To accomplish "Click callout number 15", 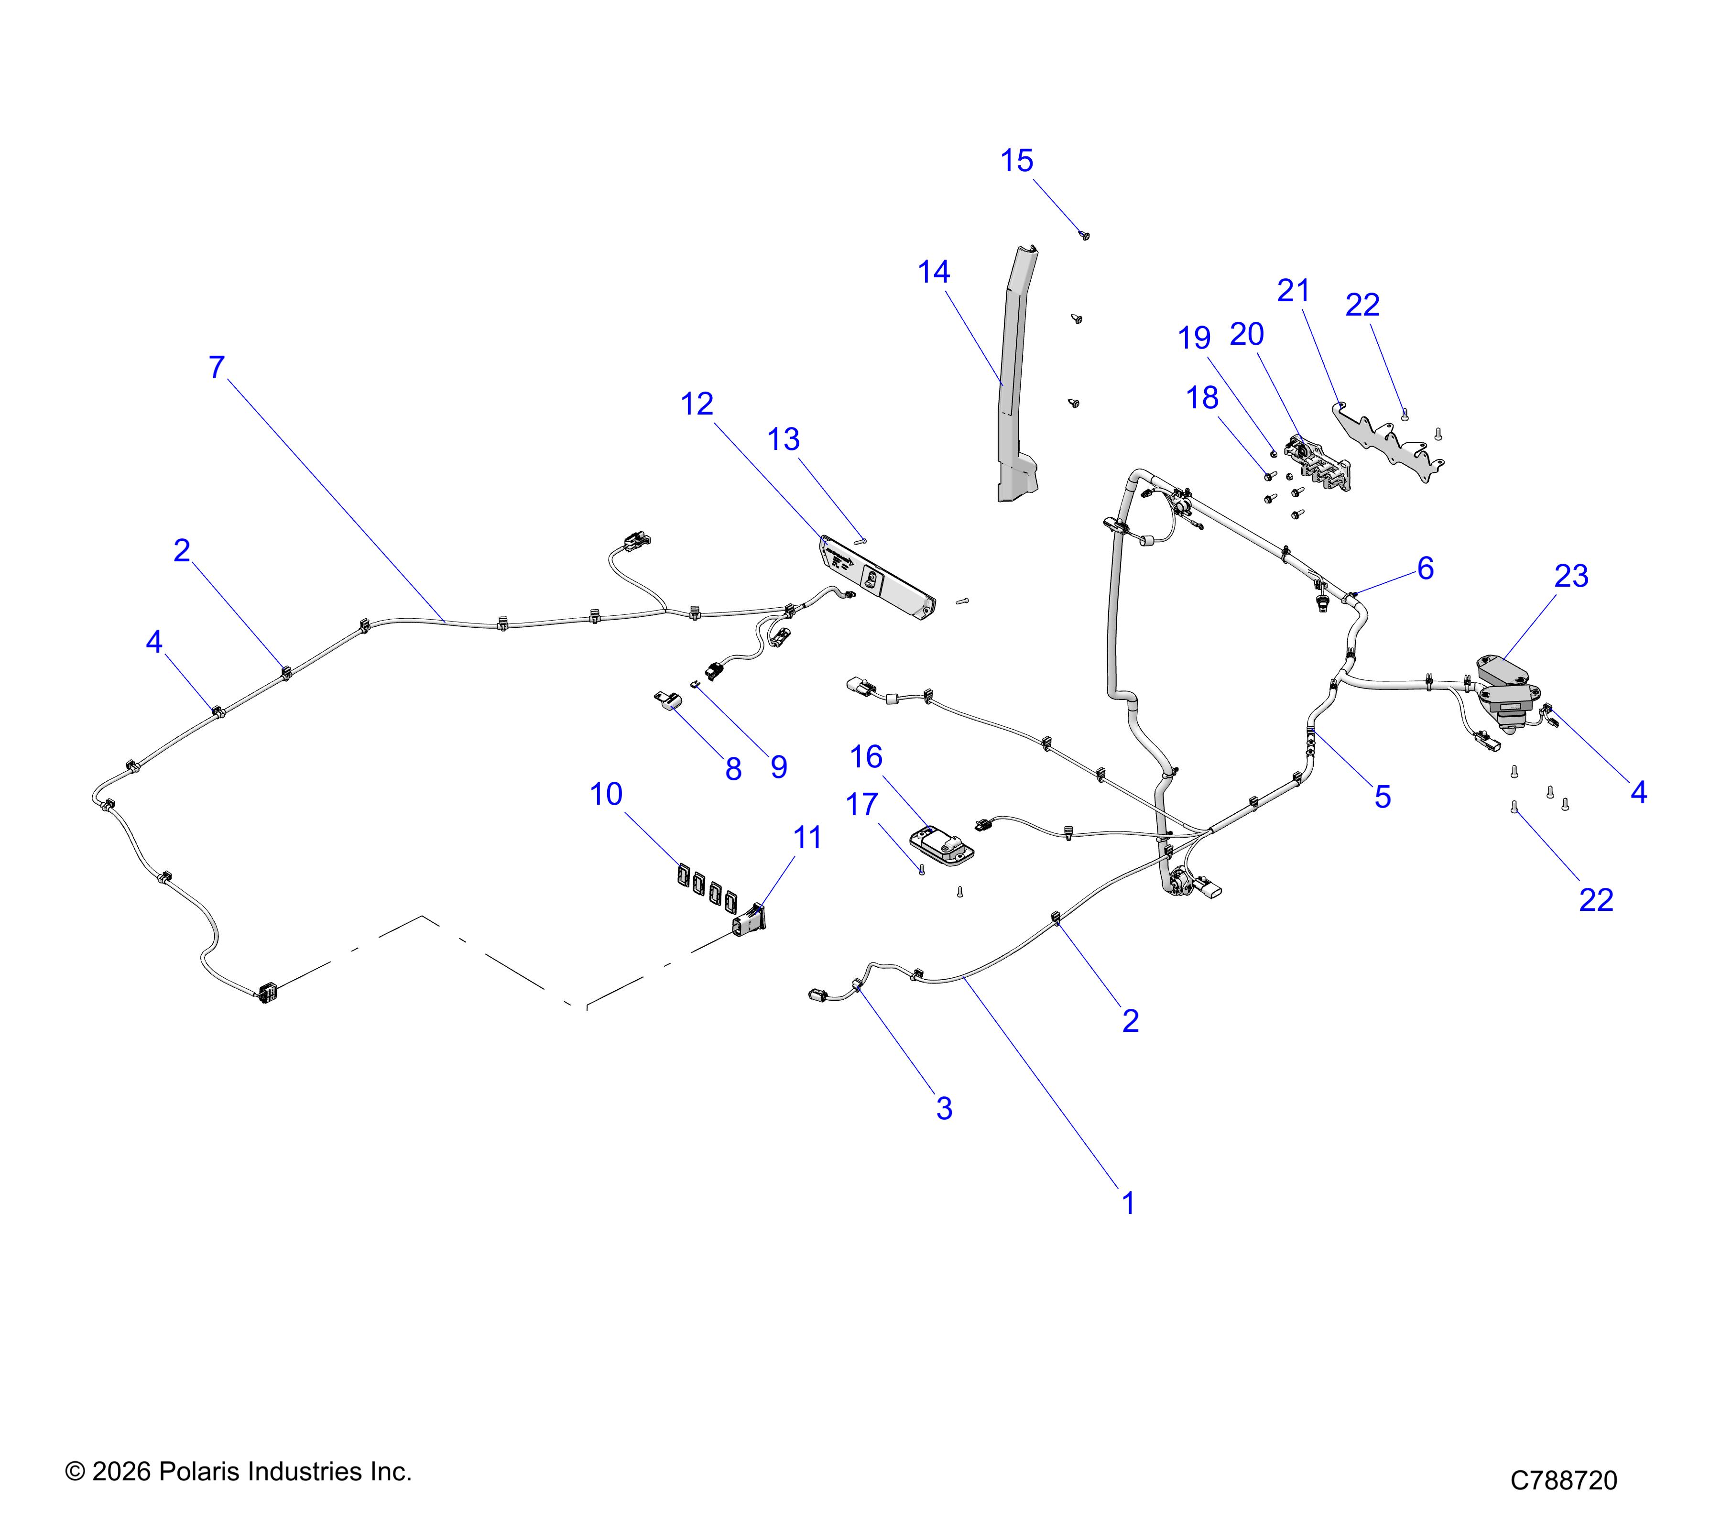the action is click(x=1016, y=161).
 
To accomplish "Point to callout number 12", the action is click(x=697, y=404).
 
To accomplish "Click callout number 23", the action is click(x=1571, y=576).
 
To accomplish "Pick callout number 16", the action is click(x=866, y=757).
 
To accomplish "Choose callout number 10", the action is click(x=606, y=794).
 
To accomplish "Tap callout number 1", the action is click(x=1129, y=1203).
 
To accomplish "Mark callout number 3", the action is click(x=945, y=1108).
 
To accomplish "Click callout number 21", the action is click(x=1293, y=291).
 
